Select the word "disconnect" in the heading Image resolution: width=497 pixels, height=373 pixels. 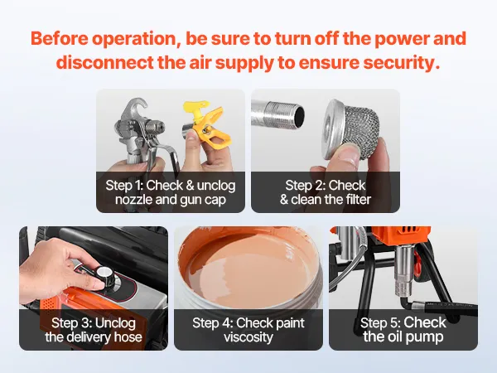[x=105, y=62]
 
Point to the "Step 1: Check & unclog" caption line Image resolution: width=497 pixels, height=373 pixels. [x=171, y=185]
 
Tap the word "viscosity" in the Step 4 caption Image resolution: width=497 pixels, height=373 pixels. [x=248, y=337]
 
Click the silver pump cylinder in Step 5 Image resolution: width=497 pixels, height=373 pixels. [x=403, y=269]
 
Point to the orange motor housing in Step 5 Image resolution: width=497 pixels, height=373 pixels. [x=403, y=235]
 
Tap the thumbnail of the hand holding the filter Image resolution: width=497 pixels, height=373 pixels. [x=326, y=151]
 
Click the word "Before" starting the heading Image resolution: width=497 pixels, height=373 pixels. [x=60, y=39]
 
